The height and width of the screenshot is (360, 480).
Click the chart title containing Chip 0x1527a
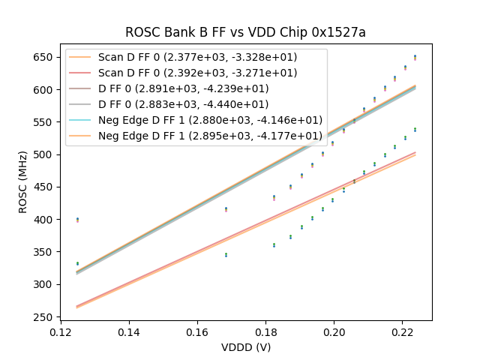coord(245,32)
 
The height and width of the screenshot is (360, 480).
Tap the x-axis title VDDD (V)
coord(245,347)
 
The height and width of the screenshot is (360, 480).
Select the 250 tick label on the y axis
coord(46,317)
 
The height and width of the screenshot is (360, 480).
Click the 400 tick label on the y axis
coord(46,220)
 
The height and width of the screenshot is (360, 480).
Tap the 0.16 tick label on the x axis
coord(197,331)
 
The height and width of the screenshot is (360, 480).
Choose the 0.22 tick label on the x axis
coord(402,331)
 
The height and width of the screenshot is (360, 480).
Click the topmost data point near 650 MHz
coord(415,57)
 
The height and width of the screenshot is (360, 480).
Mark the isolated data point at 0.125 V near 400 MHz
coord(77,220)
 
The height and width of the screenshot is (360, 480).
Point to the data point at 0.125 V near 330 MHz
coord(77,263)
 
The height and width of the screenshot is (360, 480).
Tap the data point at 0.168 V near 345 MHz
coord(226,255)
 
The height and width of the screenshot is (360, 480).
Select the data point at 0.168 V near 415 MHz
coord(226,209)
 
